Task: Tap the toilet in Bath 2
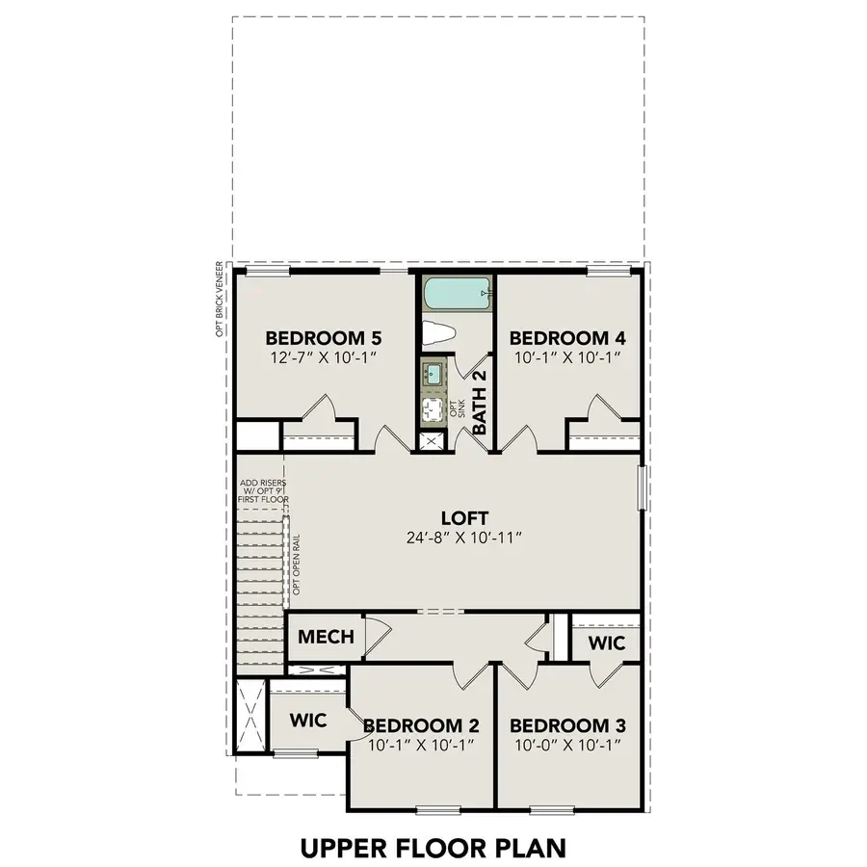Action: click(x=439, y=334)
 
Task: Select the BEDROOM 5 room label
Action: click(x=324, y=338)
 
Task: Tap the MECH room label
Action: click(x=326, y=637)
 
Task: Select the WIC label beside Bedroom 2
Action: click(x=308, y=720)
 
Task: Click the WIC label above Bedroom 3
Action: click(x=606, y=643)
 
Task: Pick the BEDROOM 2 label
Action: click(x=420, y=725)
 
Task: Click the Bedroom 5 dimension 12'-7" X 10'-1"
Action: click(x=324, y=357)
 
